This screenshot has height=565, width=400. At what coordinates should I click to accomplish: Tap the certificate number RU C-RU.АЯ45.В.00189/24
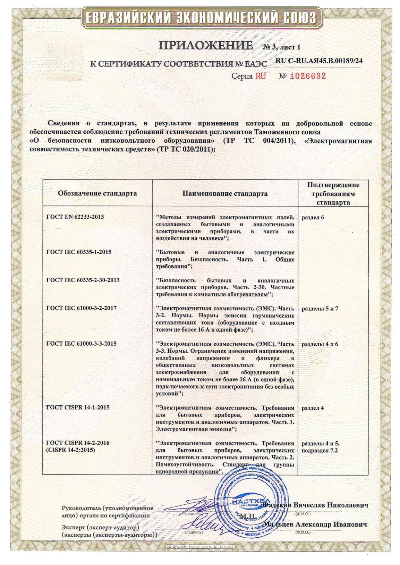click(x=319, y=61)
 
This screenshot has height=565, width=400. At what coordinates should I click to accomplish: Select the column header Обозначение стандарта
click(x=97, y=193)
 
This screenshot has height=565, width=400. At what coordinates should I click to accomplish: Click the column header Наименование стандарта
click(x=225, y=193)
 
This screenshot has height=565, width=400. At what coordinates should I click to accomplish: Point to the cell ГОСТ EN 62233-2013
click(x=75, y=217)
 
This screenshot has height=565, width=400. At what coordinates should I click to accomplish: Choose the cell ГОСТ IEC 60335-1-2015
click(x=79, y=252)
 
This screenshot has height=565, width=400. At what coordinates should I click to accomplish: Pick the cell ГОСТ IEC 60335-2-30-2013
click(x=83, y=280)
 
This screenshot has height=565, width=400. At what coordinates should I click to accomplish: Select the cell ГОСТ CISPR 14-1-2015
click(x=78, y=407)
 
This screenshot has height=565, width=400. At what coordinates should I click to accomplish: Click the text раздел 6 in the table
click(x=313, y=218)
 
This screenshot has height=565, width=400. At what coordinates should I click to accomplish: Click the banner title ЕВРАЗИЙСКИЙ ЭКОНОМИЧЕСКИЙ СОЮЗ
click(x=201, y=18)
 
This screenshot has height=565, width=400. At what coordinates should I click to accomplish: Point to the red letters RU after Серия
click(x=261, y=76)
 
